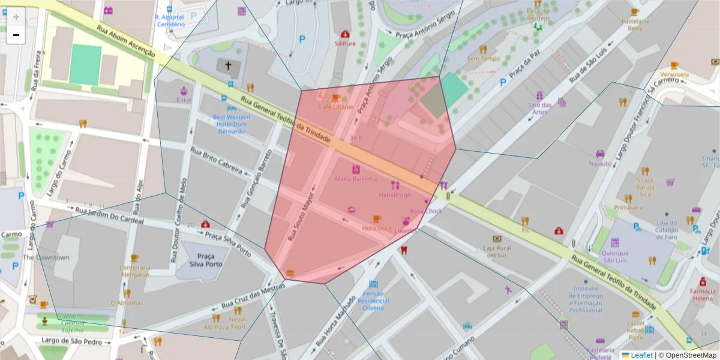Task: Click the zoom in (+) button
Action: coord(16,17)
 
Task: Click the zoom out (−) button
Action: coord(16,35)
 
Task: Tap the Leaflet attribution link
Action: coord(641,355)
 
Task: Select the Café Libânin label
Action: coord(336,106)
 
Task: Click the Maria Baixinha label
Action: coord(356,178)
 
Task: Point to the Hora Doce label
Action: coord(377,228)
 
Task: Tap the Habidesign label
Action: coord(394,194)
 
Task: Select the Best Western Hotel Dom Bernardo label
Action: coord(231,124)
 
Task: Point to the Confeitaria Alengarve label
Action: coord(134,270)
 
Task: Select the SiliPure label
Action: coord(345,43)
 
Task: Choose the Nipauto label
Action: coord(600,163)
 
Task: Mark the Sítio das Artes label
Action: coord(539,108)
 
